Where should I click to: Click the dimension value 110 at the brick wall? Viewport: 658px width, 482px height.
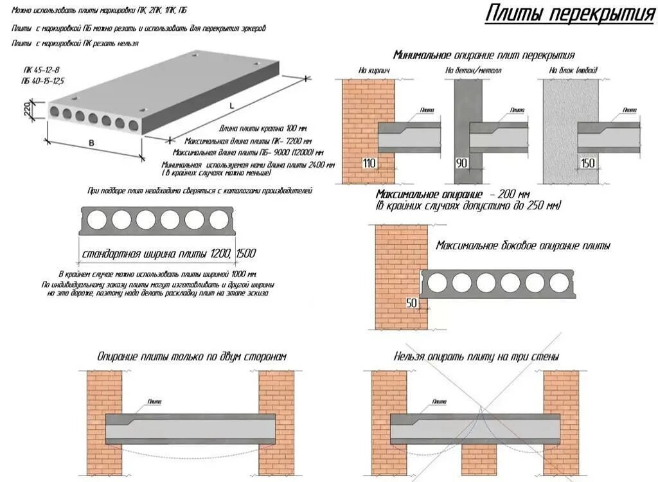(x=369, y=163)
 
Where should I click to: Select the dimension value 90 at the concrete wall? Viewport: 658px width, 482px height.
(x=462, y=163)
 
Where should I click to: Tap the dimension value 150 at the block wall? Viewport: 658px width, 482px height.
(x=588, y=163)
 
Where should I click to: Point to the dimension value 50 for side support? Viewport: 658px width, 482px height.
(x=411, y=303)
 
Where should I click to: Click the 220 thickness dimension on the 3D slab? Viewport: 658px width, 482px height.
(x=28, y=110)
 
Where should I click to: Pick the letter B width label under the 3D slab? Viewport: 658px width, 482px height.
(x=91, y=143)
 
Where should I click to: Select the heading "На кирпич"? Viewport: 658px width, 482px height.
(x=375, y=70)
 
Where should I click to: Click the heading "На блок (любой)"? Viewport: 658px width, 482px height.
(x=573, y=70)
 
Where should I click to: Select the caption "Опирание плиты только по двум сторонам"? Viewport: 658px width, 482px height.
(x=191, y=356)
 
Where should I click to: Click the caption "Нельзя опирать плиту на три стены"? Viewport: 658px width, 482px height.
(x=476, y=356)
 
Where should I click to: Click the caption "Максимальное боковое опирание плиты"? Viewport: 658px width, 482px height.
(x=523, y=245)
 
